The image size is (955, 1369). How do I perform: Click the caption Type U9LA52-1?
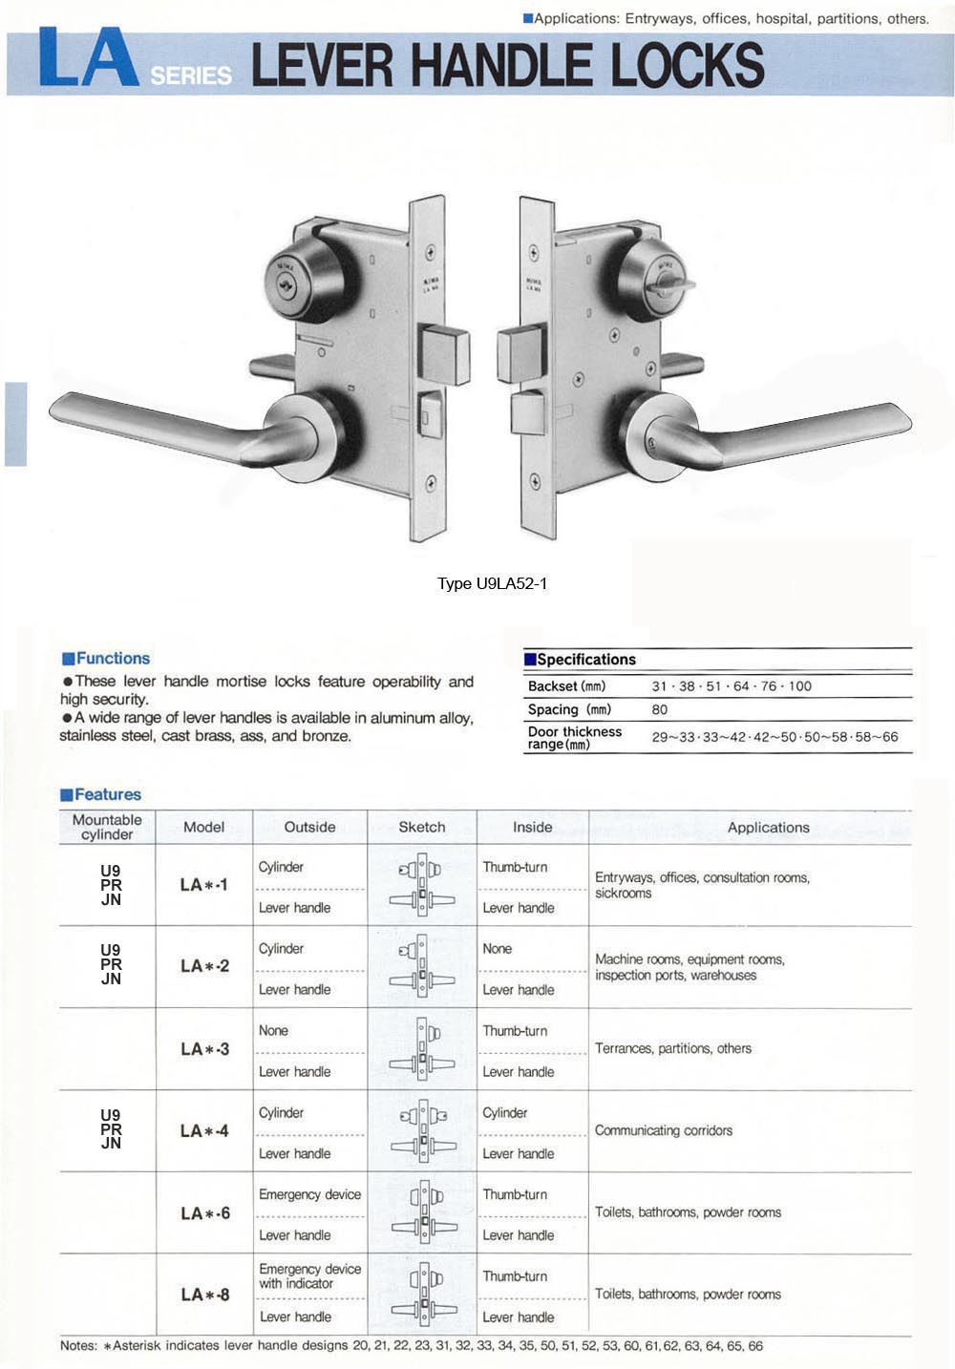point(492,583)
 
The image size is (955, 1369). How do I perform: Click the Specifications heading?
point(585,659)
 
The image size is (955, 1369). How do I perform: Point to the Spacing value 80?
point(660,709)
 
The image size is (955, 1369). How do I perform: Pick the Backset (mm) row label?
point(566,685)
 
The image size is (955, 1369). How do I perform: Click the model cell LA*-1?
point(204,885)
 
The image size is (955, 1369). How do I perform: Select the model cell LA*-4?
point(204,1131)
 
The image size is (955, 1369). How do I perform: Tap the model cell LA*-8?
point(204,1295)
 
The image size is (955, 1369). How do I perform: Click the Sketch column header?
point(422,827)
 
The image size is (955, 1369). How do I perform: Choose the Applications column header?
point(768,827)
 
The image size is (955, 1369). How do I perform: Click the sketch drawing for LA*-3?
point(422,1049)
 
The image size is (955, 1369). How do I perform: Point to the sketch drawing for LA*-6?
point(422,1213)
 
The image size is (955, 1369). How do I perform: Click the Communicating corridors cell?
point(664,1130)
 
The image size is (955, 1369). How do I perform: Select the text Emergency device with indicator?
point(309,1276)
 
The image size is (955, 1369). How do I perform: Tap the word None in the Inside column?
point(497,949)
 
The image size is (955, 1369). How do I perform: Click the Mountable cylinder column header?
point(107,827)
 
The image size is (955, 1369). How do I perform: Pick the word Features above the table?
point(107,794)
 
